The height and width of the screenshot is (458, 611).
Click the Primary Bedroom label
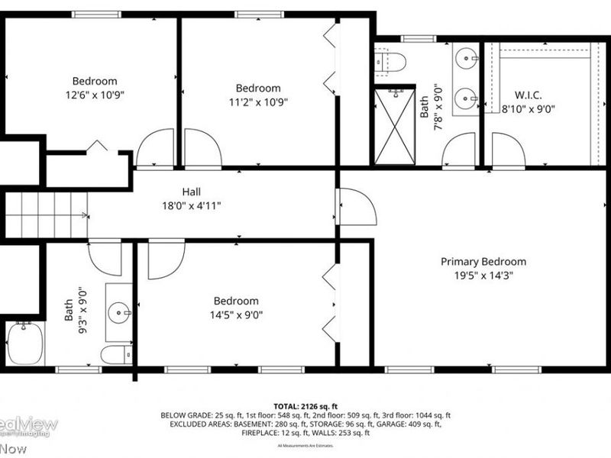(x=483, y=262)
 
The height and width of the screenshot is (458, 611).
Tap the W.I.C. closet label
(x=528, y=95)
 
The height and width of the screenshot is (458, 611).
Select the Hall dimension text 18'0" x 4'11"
(x=191, y=205)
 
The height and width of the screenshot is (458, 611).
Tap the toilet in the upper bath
(x=389, y=61)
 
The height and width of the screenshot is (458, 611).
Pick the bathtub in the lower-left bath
(x=24, y=343)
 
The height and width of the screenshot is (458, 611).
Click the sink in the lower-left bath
(x=118, y=312)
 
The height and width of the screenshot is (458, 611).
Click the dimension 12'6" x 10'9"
(x=95, y=95)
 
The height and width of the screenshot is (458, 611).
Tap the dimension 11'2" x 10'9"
(x=257, y=102)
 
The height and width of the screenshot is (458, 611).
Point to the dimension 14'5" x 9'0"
(x=235, y=314)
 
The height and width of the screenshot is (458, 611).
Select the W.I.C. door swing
(x=508, y=150)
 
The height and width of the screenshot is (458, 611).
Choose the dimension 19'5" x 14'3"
(x=483, y=276)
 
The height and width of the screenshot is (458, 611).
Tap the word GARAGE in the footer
(x=402, y=424)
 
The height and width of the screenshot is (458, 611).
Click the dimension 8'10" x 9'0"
(x=528, y=108)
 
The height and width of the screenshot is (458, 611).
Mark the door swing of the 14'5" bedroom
(x=165, y=260)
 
